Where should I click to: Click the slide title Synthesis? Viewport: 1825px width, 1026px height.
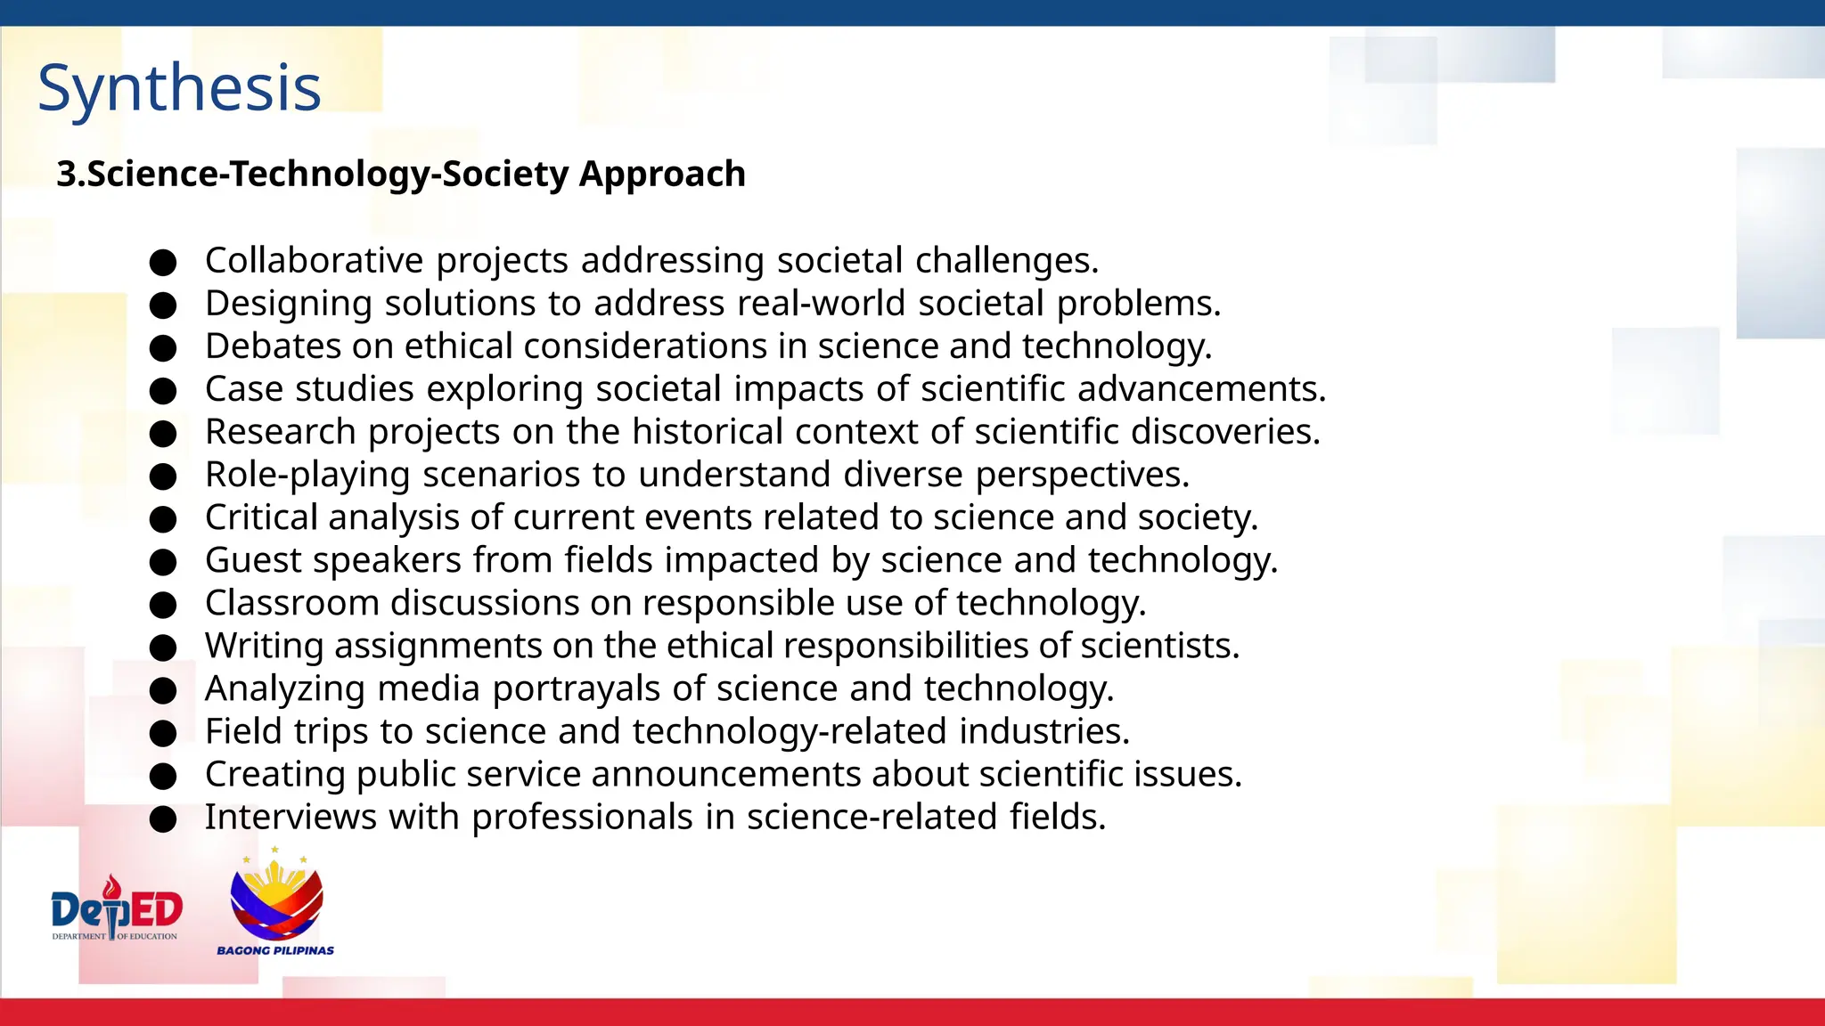179,89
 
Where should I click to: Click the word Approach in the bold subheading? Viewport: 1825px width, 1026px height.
662,174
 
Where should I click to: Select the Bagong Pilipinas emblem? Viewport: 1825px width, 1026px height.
276,895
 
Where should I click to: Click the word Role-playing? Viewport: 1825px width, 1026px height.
307,475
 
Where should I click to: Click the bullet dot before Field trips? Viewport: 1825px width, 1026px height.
163,733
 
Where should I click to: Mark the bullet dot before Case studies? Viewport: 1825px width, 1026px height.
163,391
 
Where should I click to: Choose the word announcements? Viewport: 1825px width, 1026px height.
725,774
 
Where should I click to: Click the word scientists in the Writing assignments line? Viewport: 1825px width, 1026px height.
1158,646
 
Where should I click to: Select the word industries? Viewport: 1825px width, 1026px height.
1043,731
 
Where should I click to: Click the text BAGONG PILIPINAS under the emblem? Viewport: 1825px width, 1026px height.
275,950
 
